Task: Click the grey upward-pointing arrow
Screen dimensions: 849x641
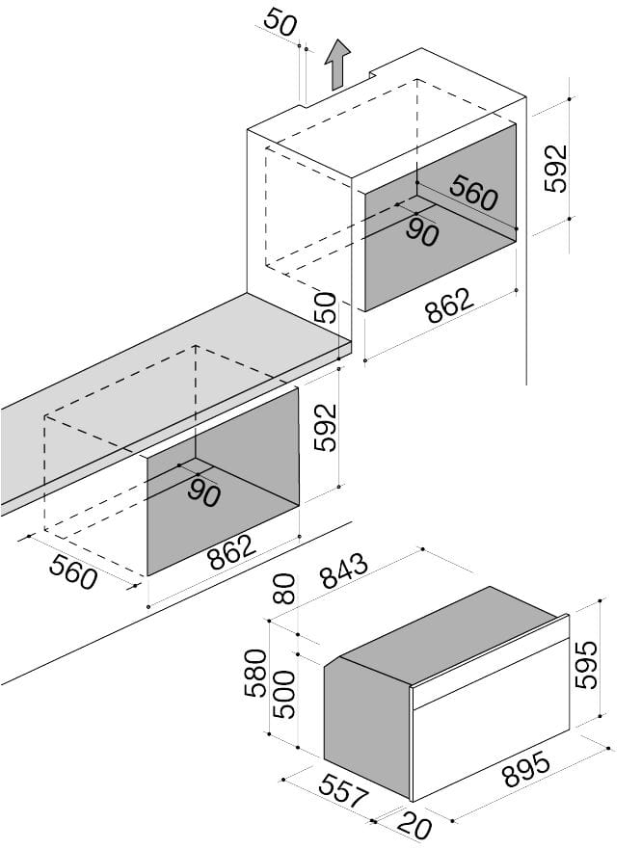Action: (x=336, y=66)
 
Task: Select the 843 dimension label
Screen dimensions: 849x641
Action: (x=343, y=577)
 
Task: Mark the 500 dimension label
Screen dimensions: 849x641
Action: (x=283, y=694)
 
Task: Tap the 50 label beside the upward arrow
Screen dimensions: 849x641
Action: (x=280, y=23)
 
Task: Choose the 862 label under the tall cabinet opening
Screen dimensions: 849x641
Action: (x=449, y=307)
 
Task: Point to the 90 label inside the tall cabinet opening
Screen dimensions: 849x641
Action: (x=421, y=231)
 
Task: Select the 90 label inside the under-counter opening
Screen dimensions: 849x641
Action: (x=203, y=493)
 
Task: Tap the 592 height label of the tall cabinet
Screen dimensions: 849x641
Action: (x=556, y=168)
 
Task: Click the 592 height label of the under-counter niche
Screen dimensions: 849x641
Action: (x=326, y=427)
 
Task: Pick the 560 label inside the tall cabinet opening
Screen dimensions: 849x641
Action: (x=473, y=194)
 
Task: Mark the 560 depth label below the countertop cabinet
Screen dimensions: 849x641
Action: (x=72, y=573)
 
